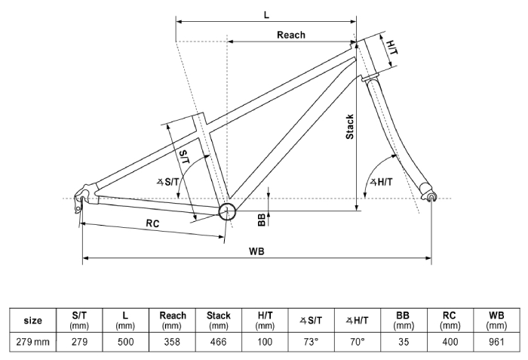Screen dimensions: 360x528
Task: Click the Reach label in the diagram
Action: coord(290,35)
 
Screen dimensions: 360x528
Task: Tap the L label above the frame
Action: coord(266,14)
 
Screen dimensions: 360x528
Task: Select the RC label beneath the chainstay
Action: coord(152,223)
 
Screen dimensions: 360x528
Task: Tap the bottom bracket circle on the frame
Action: coord(227,211)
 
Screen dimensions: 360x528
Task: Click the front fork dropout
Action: coord(431,198)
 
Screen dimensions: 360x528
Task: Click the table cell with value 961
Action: coord(496,342)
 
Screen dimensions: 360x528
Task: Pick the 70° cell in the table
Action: coord(357,342)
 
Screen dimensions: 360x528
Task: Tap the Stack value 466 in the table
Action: coord(218,342)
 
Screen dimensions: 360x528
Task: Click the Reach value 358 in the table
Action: coord(173,342)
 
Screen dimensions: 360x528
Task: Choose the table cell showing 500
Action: coord(126,342)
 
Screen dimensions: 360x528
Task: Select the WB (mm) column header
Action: coord(496,320)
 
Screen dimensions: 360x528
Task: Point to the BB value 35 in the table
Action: coord(404,342)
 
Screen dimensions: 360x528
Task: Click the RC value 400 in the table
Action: coord(450,342)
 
